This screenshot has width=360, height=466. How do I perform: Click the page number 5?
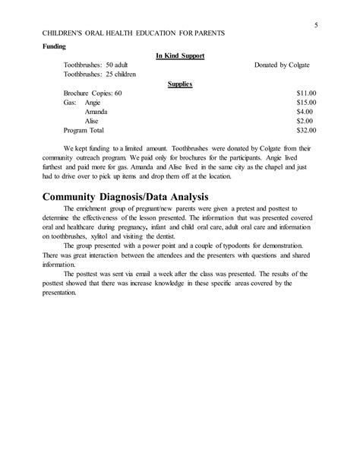tap(314, 25)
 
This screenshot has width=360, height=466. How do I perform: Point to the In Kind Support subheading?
tap(180, 55)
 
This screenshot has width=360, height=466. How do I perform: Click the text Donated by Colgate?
tap(283, 65)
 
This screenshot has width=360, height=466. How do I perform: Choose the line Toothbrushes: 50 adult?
tap(95, 65)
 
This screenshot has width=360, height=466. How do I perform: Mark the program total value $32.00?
tap(305, 130)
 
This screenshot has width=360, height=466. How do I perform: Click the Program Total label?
tap(86, 130)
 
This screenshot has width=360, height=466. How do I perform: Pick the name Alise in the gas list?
tap(93, 121)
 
